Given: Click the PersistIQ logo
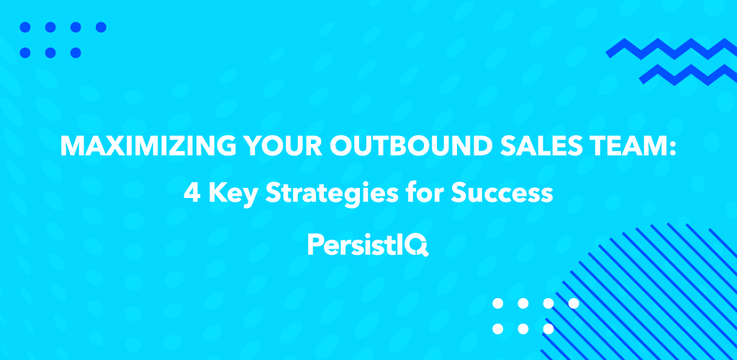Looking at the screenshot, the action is (368, 245).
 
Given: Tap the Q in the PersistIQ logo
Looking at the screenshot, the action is (417, 246).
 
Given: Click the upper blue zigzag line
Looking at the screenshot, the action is (672, 48).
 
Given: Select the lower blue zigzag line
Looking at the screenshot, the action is (687, 75).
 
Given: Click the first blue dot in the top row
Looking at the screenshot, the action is (25, 27).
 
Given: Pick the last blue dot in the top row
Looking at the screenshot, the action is (101, 27).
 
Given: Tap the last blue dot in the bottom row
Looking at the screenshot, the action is (76, 53).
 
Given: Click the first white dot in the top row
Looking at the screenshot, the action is (498, 303).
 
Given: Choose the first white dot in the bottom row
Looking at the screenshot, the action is (498, 328).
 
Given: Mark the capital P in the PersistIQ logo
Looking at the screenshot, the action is (315, 244).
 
